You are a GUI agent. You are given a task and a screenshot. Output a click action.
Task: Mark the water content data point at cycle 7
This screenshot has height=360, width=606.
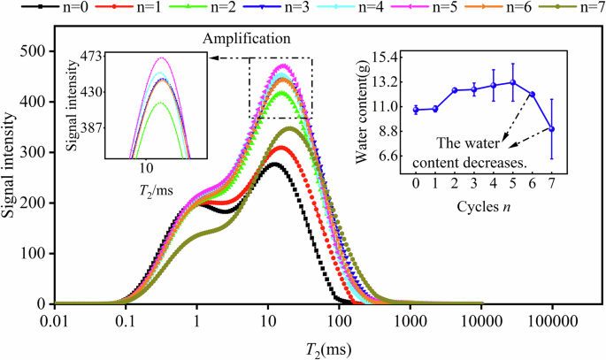coord(551,129)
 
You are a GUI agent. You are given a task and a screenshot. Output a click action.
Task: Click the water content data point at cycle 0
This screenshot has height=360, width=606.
coord(416,110)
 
